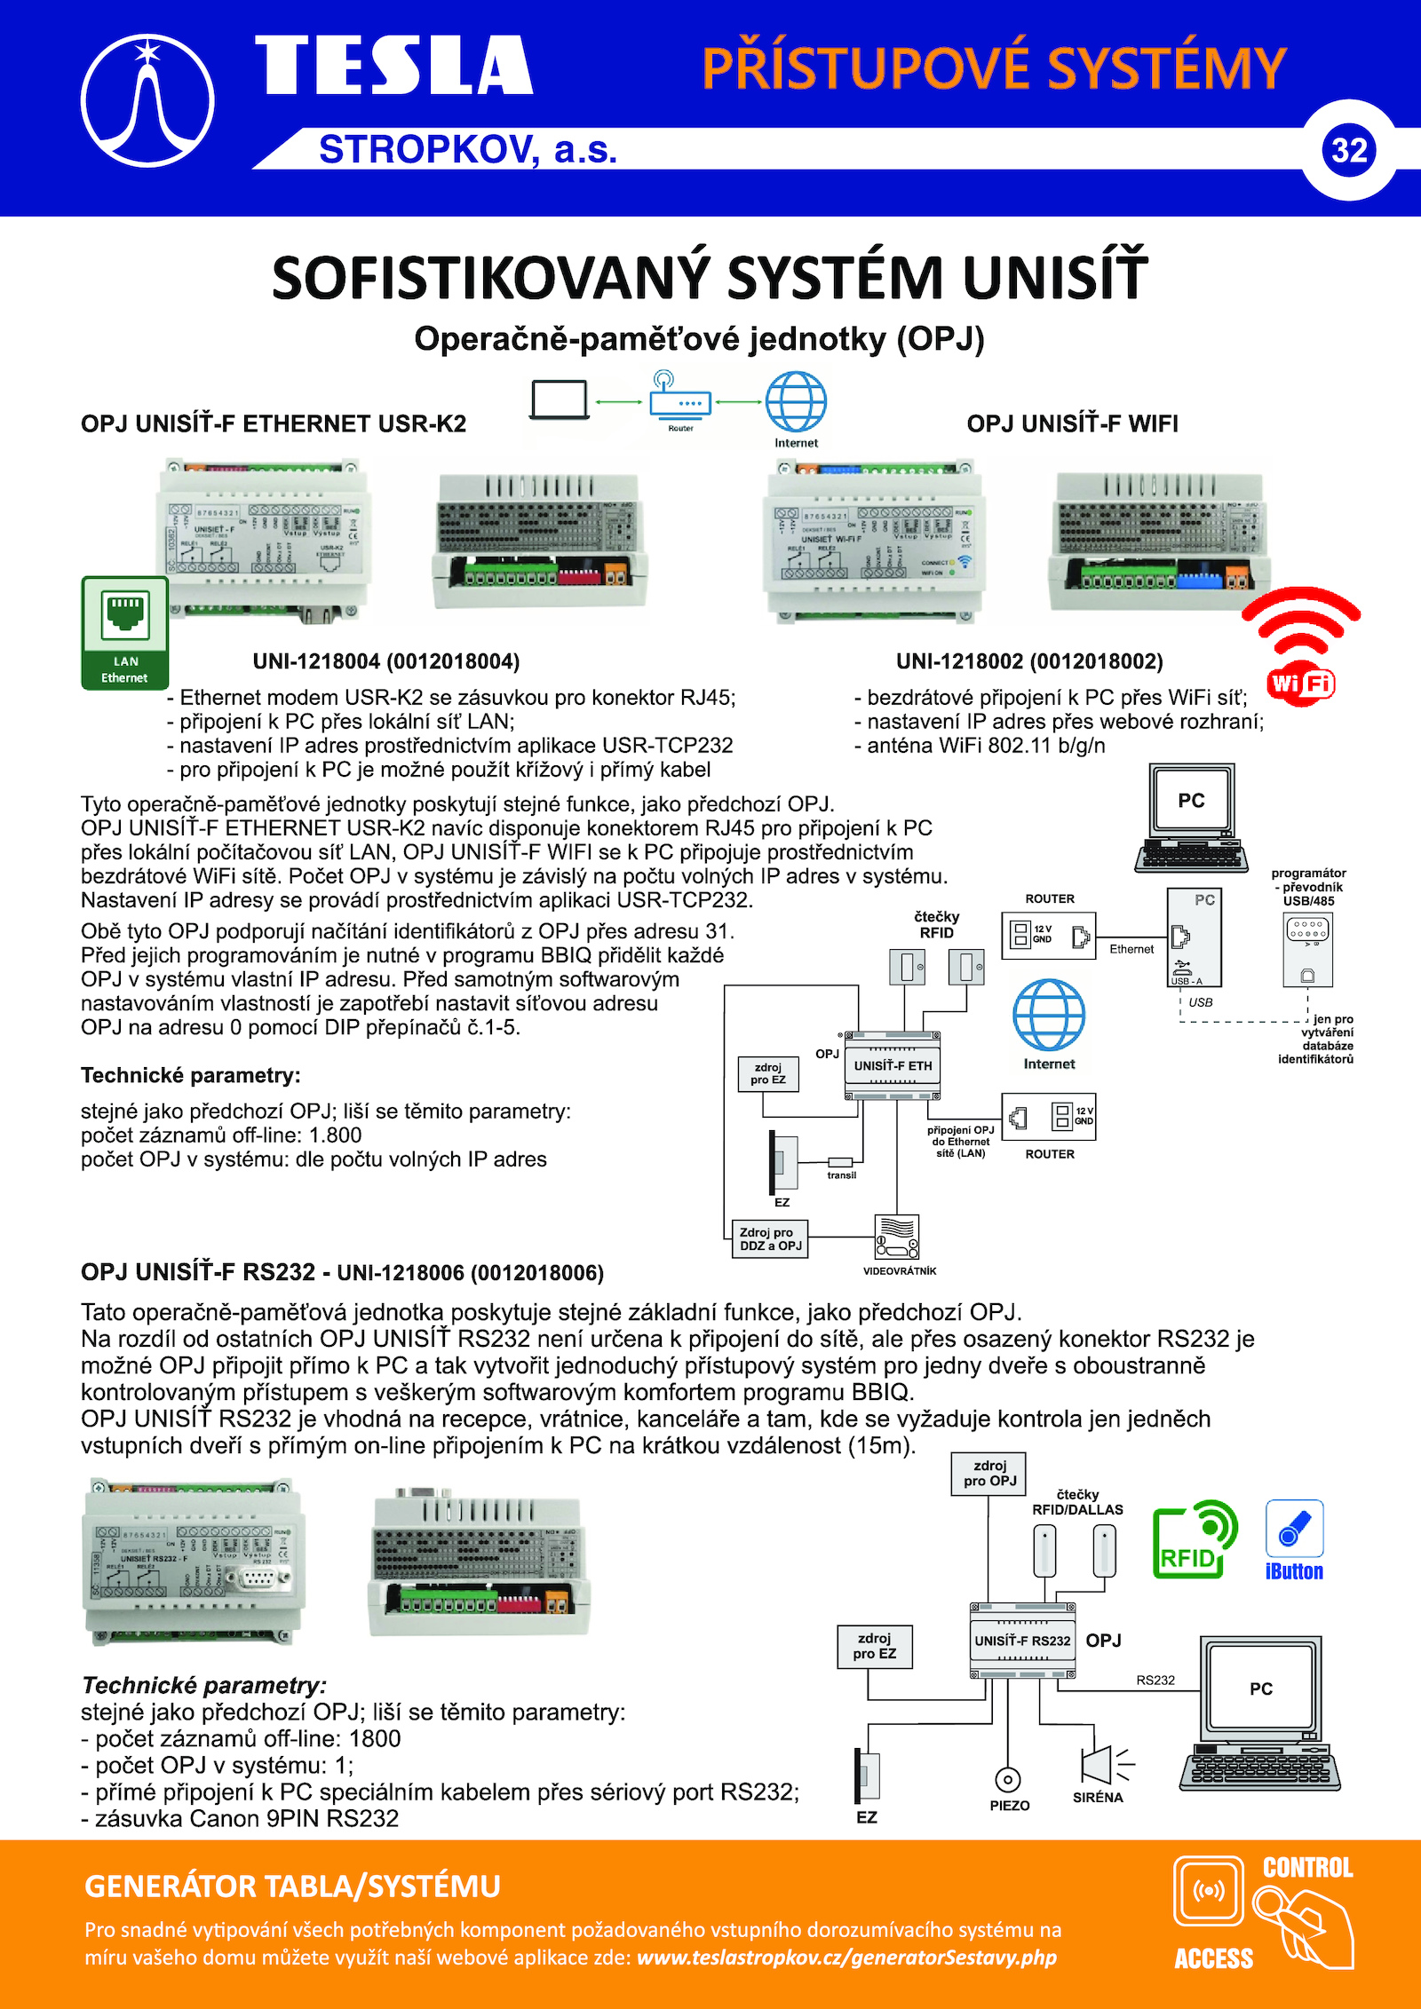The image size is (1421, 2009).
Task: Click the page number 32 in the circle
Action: pos(1348,150)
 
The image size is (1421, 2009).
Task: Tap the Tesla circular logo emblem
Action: pos(147,100)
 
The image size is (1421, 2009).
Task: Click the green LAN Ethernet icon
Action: pos(125,632)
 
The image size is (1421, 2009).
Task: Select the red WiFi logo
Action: pos(1301,647)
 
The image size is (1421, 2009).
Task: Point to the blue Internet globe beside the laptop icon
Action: pos(796,402)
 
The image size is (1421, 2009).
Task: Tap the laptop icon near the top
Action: pos(559,400)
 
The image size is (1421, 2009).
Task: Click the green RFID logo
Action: pos(1193,1539)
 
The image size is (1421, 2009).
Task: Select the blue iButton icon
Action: pos(1294,1539)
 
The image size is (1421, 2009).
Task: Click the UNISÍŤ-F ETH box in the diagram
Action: pos(893,1065)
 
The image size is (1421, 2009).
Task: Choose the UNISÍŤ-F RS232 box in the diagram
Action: pos(1022,1641)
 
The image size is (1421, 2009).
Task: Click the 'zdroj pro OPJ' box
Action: pos(989,1474)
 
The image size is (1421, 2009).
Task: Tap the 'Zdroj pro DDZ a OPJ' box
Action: pos(770,1238)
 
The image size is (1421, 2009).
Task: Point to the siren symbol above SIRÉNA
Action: pos(1101,1764)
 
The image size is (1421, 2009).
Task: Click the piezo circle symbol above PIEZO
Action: pos(1007,1779)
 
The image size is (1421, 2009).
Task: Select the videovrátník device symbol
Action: pos(897,1237)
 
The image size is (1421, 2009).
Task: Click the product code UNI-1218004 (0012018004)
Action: pos(386,661)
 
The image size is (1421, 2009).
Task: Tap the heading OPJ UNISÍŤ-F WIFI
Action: pos(1072,423)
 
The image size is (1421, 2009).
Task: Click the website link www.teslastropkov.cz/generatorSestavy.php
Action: pos(846,1957)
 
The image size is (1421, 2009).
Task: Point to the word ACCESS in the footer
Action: pos(1213,1958)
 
